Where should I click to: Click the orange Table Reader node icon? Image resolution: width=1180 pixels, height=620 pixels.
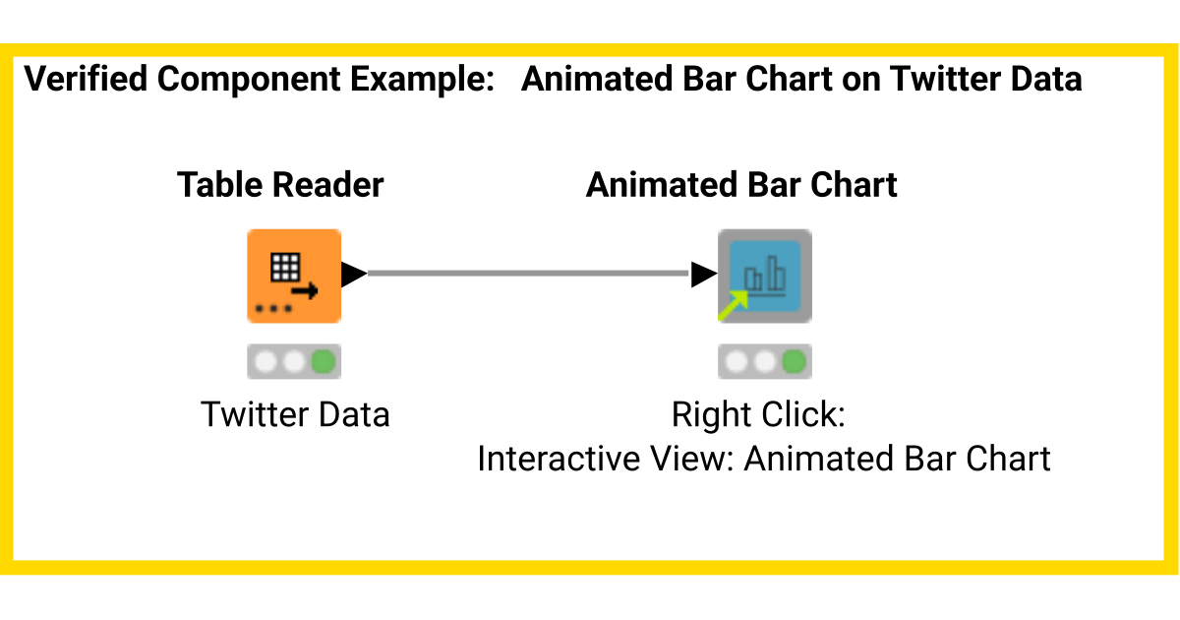[x=293, y=277]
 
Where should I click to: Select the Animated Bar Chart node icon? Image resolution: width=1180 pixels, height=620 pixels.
[x=764, y=277]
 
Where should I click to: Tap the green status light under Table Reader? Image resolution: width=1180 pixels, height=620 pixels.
[x=323, y=362]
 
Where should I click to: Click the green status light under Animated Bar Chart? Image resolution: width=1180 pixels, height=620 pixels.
[x=794, y=362]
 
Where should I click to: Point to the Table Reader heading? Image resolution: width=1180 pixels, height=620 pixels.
[x=280, y=185]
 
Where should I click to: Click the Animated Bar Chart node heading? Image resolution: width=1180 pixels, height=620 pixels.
[x=741, y=185]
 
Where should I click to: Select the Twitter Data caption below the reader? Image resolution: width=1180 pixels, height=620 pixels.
[x=295, y=414]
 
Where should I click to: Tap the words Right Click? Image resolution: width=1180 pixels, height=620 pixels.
[x=758, y=414]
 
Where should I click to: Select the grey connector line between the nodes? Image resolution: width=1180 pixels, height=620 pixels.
[x=529, y=274]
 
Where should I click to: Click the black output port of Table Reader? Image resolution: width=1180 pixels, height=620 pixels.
[x=353, y=274]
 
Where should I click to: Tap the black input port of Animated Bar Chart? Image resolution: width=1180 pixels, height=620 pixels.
[x=703, y=275]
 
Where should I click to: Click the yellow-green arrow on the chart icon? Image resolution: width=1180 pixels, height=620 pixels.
[x=733, y=304]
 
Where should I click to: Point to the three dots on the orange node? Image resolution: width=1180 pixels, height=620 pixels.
[x=272, y=309]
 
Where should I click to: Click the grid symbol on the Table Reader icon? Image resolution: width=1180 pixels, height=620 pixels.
[x=285, y=267]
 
